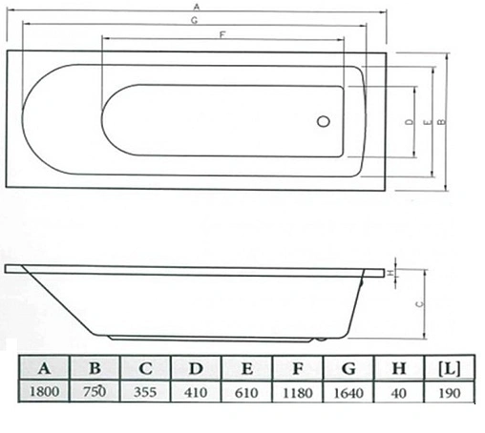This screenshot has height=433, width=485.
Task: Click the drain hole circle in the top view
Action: tap(323, 122)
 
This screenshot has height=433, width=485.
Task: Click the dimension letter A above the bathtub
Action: tap(195, 7)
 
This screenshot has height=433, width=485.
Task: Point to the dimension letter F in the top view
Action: tap(222, 34)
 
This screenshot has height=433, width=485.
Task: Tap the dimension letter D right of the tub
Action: tap(408, 122)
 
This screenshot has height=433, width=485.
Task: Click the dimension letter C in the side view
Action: tap(421, 305)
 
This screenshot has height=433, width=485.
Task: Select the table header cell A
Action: tap(43, 367)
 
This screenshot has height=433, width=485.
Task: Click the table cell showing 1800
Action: tap(43, 391)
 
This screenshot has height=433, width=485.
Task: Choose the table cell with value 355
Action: tap(145, 391)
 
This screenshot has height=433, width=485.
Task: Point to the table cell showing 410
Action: tap(196, 391)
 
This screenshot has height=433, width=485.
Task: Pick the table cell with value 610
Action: tap(247, 391)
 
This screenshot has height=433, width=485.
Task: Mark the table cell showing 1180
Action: tap(298, 391)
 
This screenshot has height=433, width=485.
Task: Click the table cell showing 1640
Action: tap(349, 391)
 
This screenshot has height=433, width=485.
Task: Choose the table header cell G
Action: tap(349, 367)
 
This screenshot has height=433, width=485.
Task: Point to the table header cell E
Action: tap(247, 367)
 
